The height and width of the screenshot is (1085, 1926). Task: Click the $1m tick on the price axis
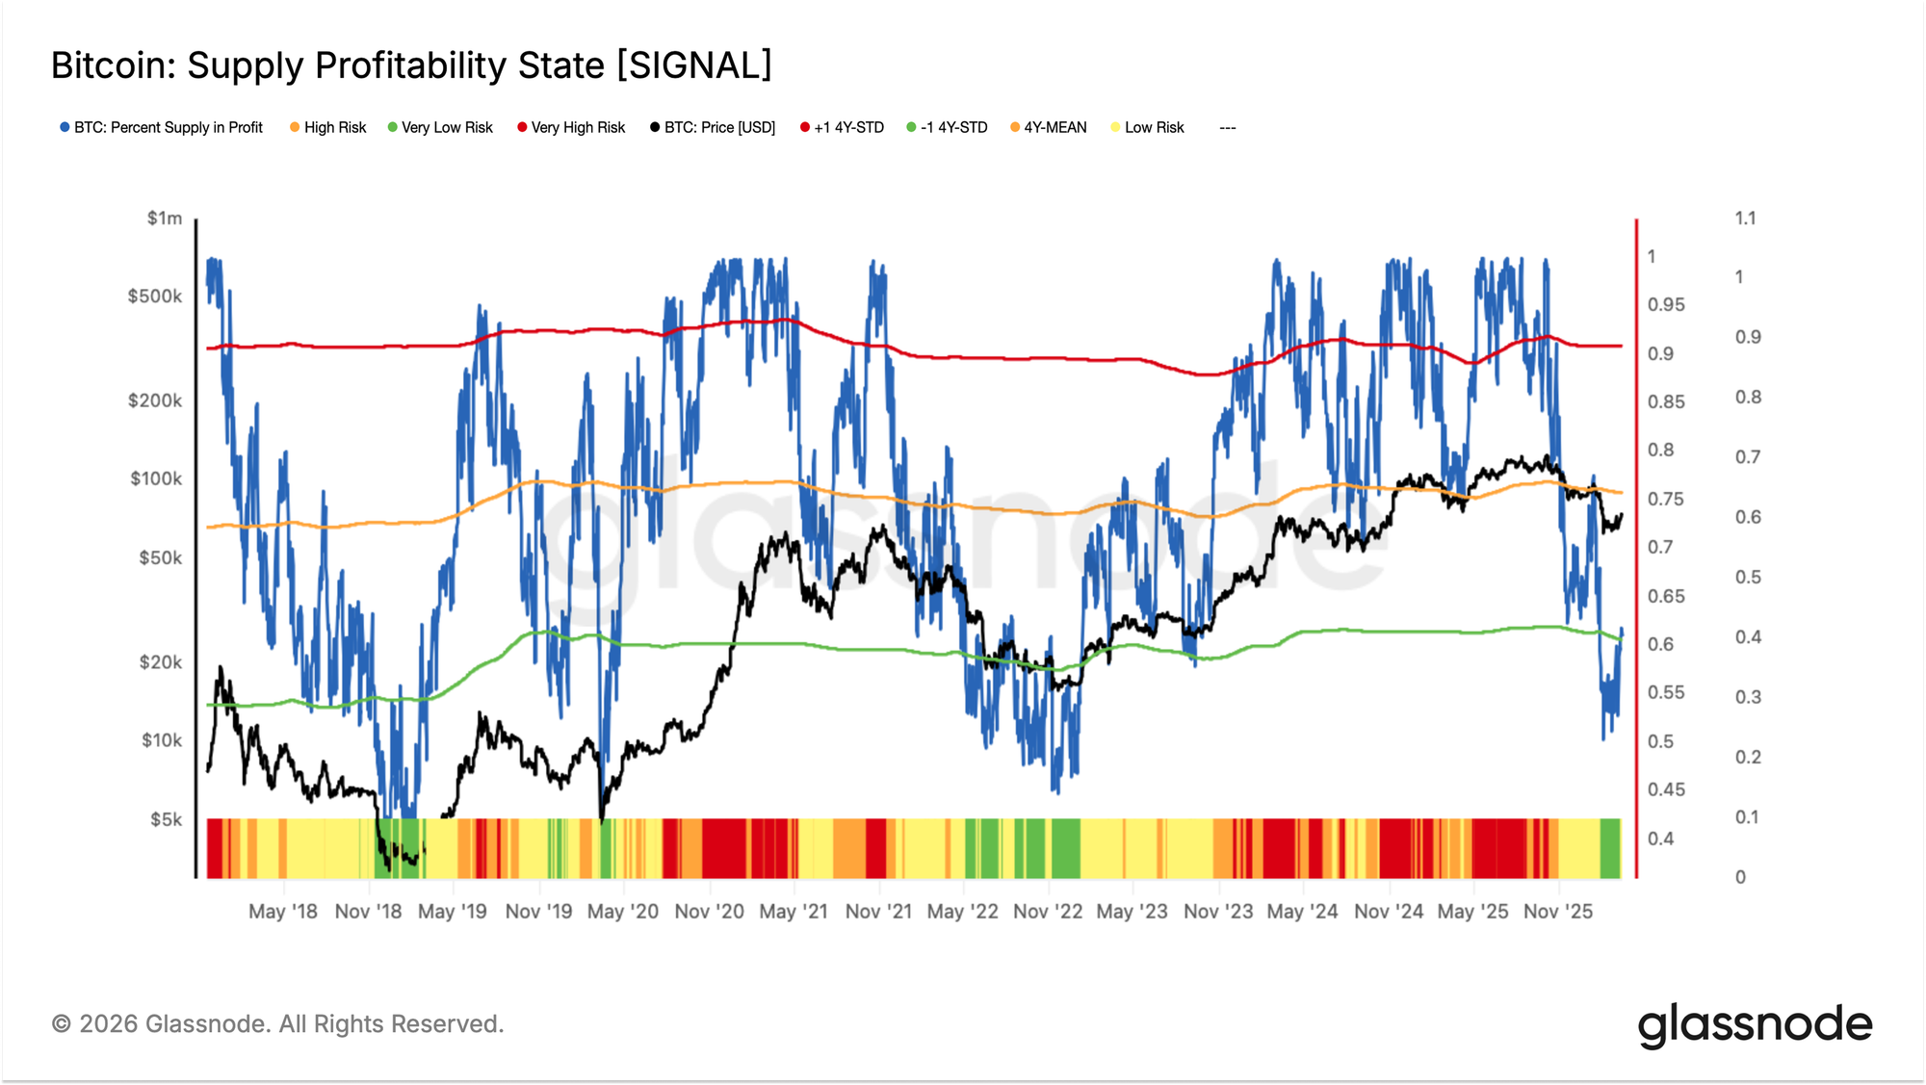(x=165, y=219)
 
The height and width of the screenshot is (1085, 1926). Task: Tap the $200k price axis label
(x=155, y=400)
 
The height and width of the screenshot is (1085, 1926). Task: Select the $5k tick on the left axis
(x=166, y=819)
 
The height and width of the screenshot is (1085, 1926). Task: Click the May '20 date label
(x=623, y=911)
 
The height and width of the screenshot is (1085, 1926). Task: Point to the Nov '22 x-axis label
(x=1048, y=911)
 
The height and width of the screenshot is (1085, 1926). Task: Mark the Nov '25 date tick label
(x=1558, y=911)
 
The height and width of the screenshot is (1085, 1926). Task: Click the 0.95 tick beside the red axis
(x=1666, y=305)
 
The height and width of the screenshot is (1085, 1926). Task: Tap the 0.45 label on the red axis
(x=1666, y=789)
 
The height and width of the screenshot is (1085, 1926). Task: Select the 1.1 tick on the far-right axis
(x=1745, y=219)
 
